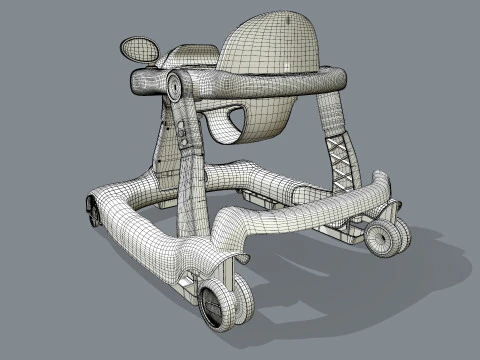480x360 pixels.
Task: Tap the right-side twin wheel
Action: click(385, 237)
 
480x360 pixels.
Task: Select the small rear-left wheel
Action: click(93, 213)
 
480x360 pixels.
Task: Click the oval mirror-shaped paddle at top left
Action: click(140, 47)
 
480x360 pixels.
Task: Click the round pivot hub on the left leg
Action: click(174, 88)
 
